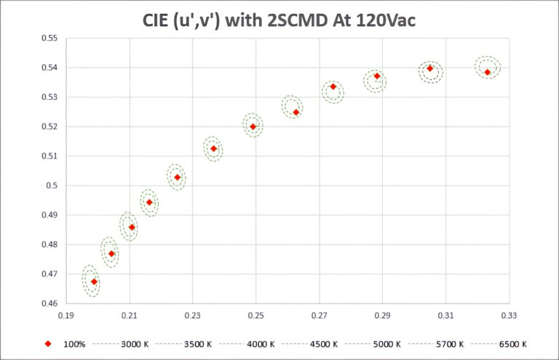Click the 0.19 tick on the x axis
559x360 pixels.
point(66,316)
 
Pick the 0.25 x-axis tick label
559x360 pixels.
point(255,316)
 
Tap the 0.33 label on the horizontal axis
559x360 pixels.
point(509,316)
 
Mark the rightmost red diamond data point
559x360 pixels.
point(488,72)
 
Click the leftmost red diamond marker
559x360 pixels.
point(94,281)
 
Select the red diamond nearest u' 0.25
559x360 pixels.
point(253,127)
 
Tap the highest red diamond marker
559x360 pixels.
point(430,68)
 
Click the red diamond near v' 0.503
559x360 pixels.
point(177,177)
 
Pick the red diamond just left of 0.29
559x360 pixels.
point(377,76)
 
